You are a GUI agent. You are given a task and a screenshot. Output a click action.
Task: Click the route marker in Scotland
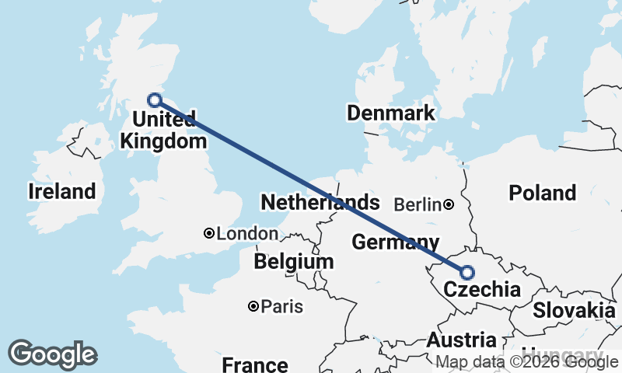(x=155, y=99)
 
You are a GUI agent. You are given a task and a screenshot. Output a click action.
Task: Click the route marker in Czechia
(x=467, y=272)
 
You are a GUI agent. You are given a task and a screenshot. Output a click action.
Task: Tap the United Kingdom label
(x=163, y=131)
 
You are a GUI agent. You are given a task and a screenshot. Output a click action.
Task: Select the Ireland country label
(x=62, y=191)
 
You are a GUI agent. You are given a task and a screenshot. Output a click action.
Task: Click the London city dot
(x=208, y=233)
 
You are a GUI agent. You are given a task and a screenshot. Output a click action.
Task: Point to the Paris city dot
(x=253, y=306)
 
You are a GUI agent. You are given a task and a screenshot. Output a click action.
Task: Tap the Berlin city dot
(x=449, y=205)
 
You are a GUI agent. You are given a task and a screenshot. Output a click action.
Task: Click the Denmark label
(x=391, y=113)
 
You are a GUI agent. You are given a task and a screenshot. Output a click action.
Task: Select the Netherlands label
(x=320, y=203)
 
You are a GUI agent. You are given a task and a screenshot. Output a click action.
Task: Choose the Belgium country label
(x=294, y=262)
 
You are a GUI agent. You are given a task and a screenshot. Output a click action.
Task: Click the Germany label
(x=395, y=242)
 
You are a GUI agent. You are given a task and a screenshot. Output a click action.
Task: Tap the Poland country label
(x=542, y=193)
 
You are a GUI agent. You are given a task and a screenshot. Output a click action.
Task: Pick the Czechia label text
(x=481, y=291)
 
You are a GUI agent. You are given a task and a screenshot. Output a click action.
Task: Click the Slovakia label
(x=574, y=310)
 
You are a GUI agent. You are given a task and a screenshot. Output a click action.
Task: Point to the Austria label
(x=461, y=340)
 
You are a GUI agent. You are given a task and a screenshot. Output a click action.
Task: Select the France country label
(x=255, y=364)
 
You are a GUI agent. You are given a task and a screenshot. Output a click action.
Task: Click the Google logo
(x=52, y=354)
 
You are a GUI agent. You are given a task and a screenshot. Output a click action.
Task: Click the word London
(x=247, y=234)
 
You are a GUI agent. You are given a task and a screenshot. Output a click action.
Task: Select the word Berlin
(x=418, y=205)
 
